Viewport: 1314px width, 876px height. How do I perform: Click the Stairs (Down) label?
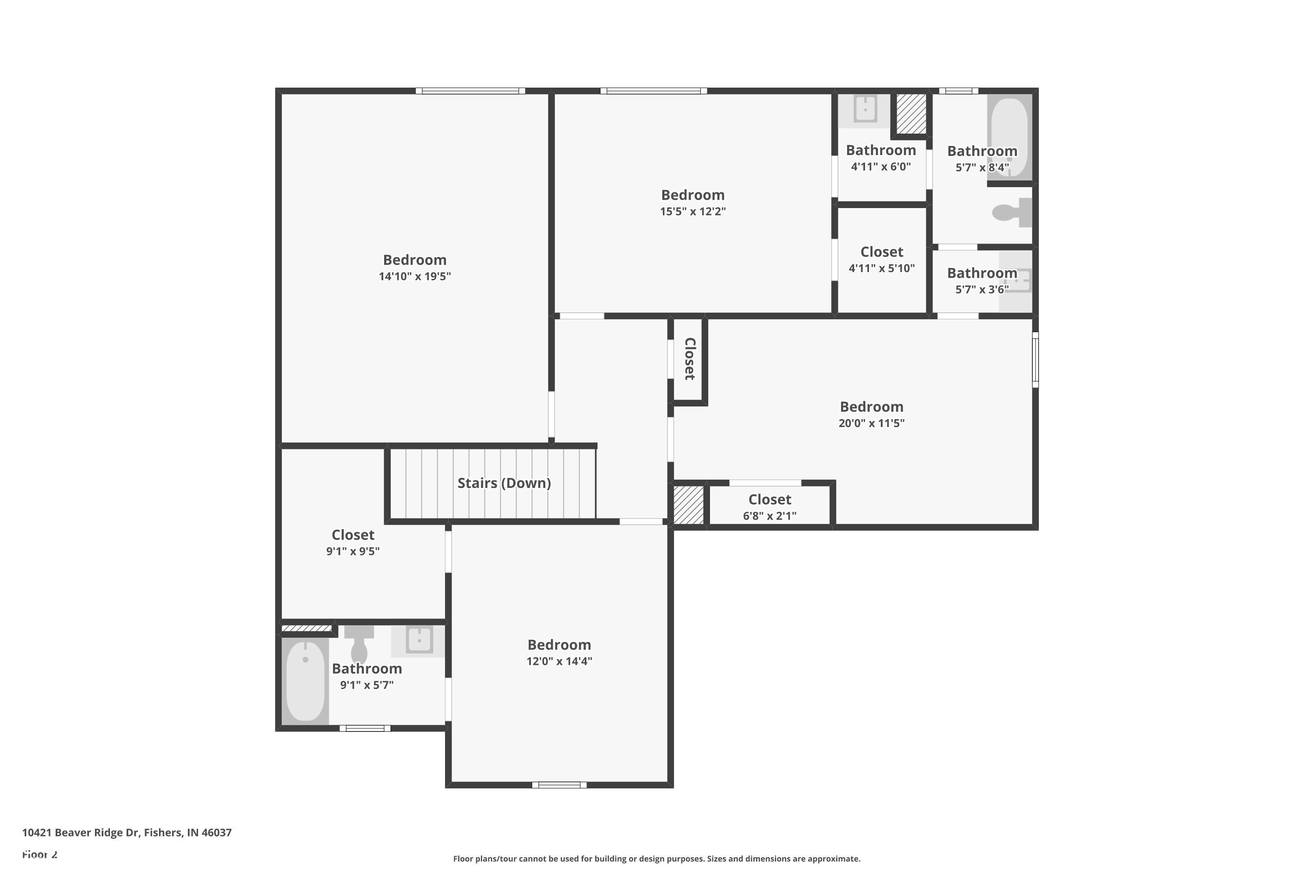504,483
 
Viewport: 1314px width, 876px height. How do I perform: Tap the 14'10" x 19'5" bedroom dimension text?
414,276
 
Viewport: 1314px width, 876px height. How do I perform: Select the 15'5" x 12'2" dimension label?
693,211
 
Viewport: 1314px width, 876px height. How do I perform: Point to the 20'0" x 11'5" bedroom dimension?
872,423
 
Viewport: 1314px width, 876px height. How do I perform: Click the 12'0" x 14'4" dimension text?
559,661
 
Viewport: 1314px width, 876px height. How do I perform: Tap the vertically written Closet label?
690,359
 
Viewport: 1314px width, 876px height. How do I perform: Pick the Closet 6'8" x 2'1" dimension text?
770,516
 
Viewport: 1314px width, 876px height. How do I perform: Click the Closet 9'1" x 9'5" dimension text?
353,551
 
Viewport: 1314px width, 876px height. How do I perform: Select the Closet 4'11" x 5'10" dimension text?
882,268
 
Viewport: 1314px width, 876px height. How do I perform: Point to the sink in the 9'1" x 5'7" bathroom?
419,640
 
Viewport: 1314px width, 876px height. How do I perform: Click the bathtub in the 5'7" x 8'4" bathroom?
1009,137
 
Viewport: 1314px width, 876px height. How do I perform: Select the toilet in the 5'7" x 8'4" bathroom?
1012,213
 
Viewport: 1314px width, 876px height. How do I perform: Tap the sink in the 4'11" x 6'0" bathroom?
865,109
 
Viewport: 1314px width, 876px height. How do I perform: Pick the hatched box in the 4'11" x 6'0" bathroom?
911,114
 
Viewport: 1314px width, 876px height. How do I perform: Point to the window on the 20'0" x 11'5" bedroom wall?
1035,359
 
